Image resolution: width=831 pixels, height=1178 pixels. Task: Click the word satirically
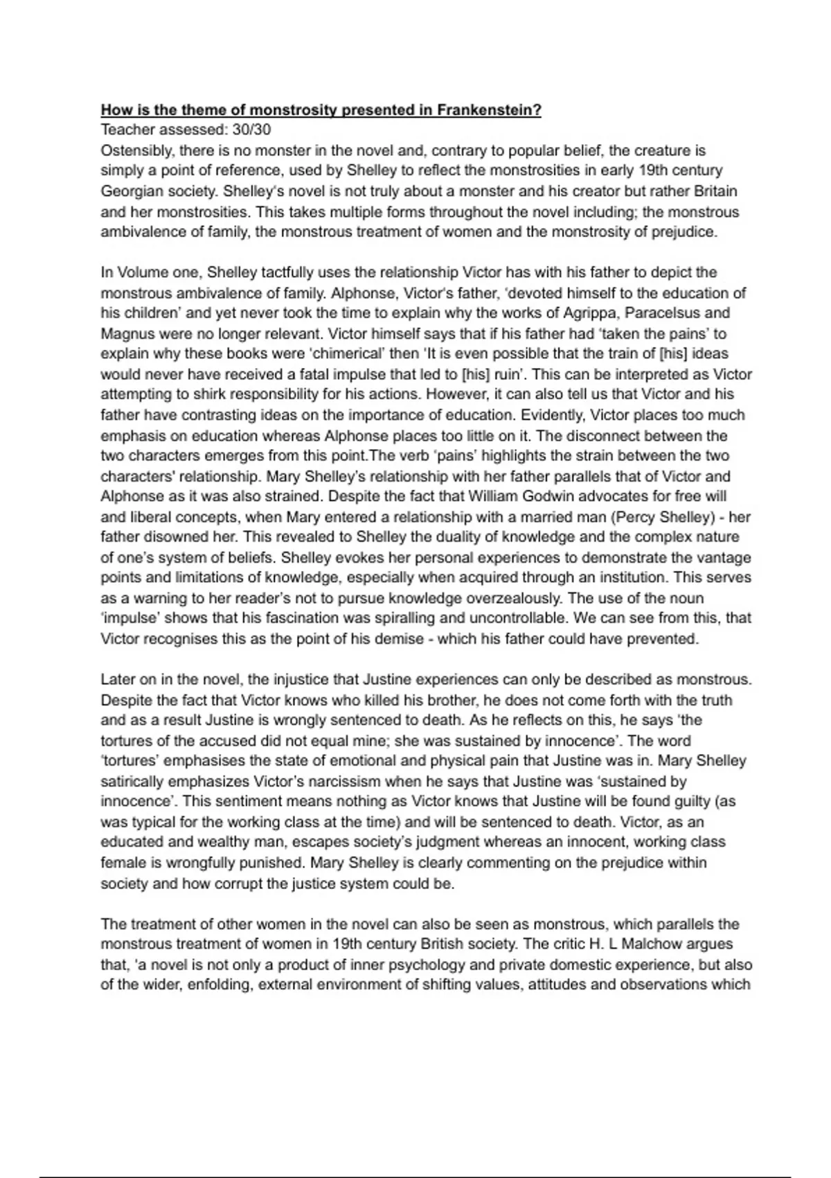(131, 782)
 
